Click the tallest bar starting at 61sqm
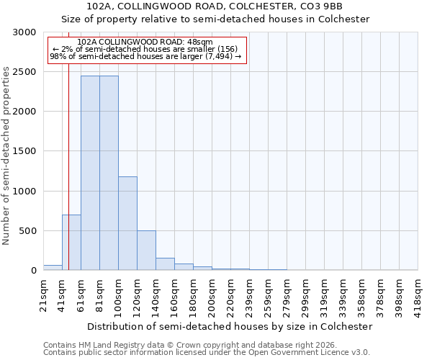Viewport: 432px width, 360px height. click(x=90, y=173)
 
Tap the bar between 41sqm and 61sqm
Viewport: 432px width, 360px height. click(x=71, y=243)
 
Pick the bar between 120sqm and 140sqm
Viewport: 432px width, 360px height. click(x=146, y=251)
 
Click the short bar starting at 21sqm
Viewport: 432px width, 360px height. click(x=53, y=268)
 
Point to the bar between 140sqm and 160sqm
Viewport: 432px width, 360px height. click(x=165, y=264)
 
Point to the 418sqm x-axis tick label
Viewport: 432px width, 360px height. click(x=418, y=293)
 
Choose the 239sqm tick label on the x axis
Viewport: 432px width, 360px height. click(x=250, y=293)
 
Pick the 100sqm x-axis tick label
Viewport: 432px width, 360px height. click(x=119, y=293)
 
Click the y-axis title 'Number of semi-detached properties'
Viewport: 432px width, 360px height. click(x=6, y=156)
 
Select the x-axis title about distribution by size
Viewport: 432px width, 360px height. click(x=230, y=326)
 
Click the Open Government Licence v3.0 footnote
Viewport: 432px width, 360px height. click(x=207, y=352)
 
